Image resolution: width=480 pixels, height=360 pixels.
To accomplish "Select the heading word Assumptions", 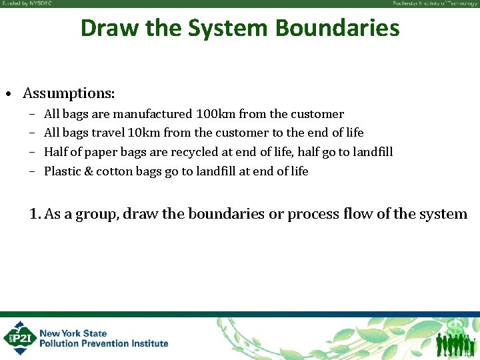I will [69, 92].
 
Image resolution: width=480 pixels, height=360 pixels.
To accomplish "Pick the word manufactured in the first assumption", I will [153, 114].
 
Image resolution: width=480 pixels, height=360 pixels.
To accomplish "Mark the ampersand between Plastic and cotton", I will [87, 171].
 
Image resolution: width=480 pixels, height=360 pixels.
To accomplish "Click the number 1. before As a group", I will [35, 214].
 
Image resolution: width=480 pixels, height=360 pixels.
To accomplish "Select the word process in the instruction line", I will [311, 214].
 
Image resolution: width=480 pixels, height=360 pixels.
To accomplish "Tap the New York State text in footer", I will [73, 333].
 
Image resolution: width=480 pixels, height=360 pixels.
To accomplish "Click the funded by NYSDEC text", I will [27, 3].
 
